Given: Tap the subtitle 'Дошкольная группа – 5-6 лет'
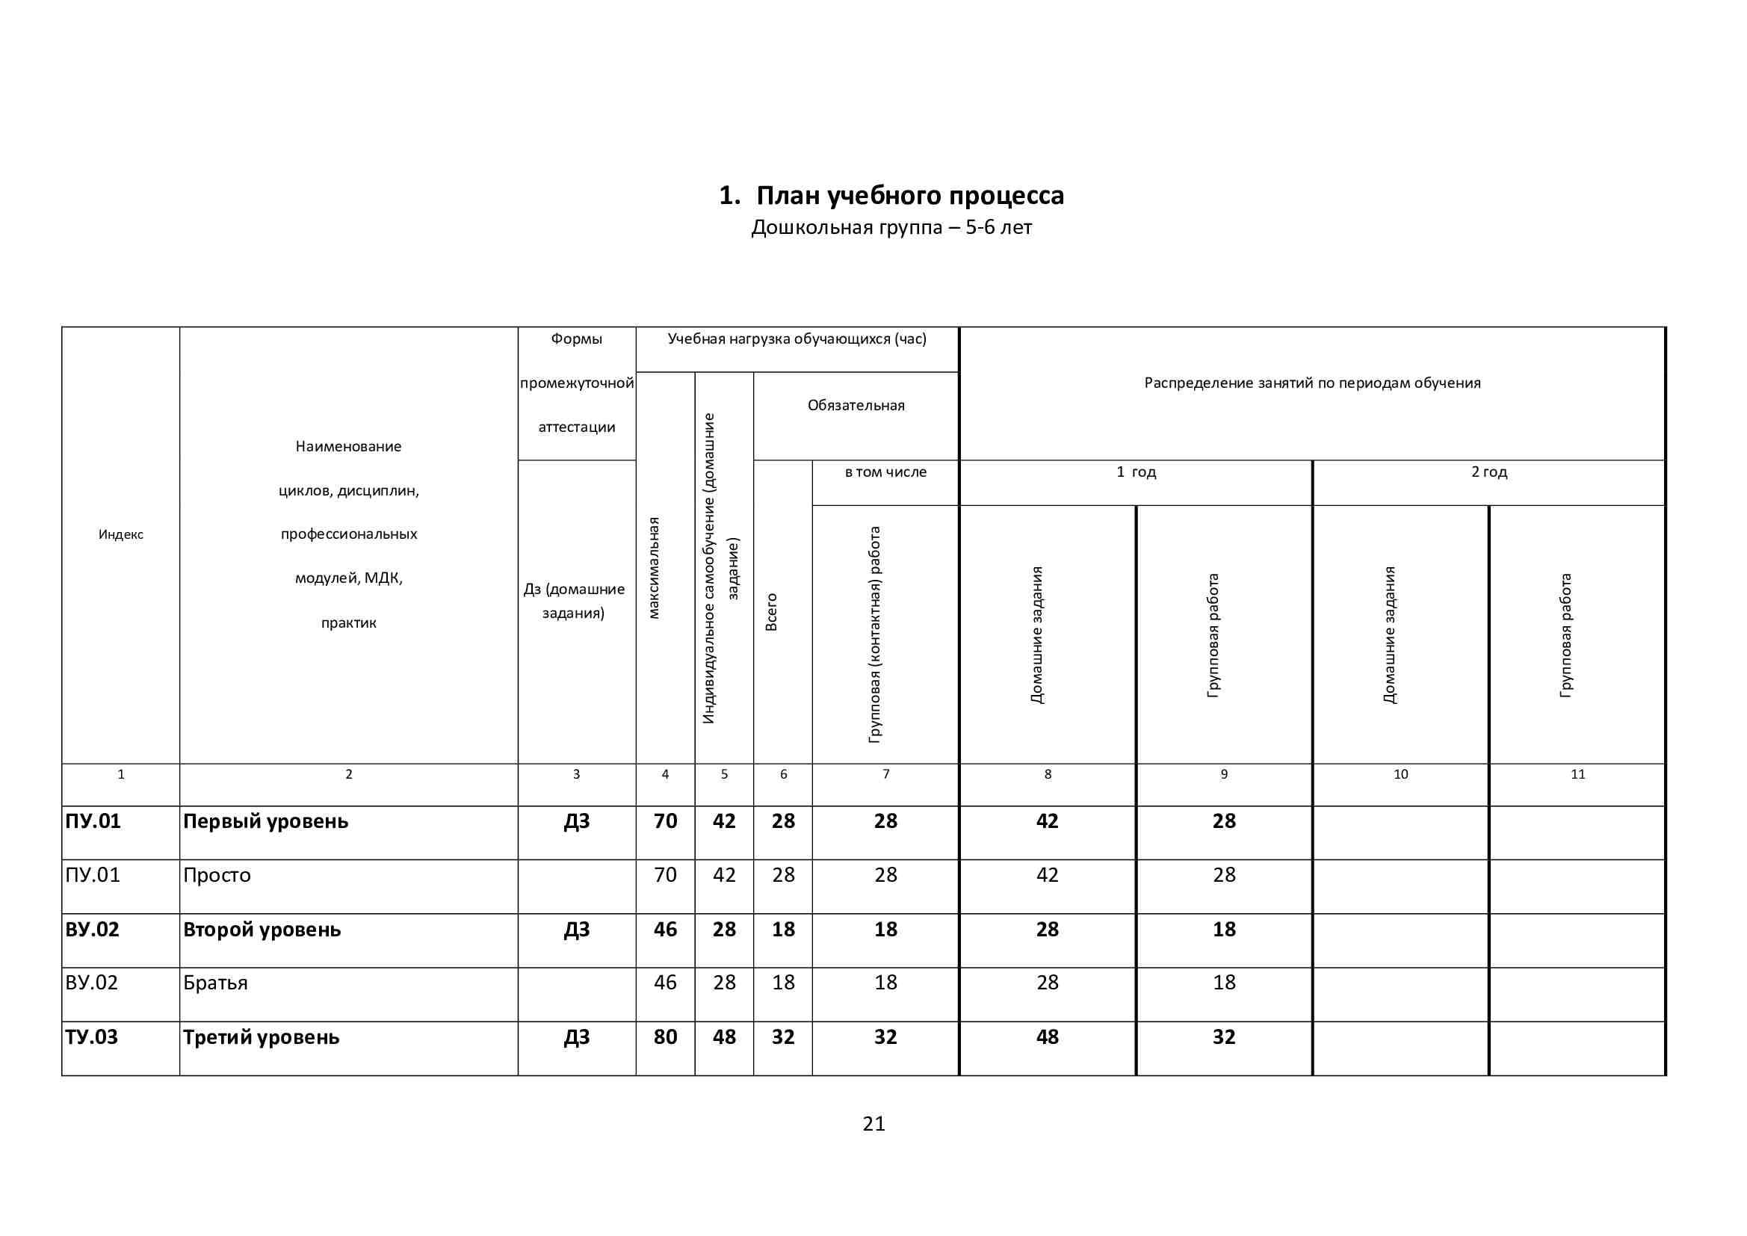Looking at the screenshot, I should [891, 228].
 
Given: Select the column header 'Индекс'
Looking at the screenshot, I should [120, 534].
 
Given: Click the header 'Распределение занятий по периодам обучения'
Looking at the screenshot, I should [1312, 383].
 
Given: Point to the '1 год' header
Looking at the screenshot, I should [1136, 472].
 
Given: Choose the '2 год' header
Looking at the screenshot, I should [1488, 472].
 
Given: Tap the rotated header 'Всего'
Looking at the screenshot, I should [772, 612].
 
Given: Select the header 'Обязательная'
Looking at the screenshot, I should [856, 406].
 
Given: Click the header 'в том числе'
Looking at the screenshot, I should [885, 472].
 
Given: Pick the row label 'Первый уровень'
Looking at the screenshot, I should [265, 821].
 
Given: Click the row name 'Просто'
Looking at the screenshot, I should [217, 875].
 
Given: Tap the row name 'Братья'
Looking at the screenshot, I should [215, 983].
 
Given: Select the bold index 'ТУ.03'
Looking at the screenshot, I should [91, 1037].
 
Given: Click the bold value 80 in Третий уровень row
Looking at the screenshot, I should [665, 1037].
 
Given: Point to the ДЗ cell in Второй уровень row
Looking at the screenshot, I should [576, 930].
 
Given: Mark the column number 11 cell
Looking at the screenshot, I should [1577, 774].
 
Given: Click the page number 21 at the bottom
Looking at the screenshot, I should [873, 1124].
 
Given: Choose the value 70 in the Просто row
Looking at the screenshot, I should [665, 875].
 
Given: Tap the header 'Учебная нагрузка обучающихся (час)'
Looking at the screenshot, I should [797, 339].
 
